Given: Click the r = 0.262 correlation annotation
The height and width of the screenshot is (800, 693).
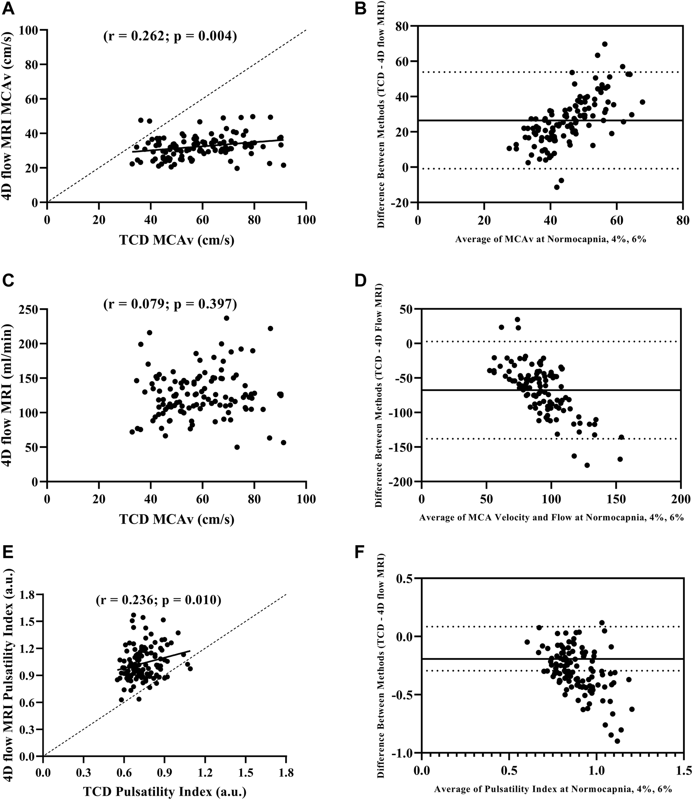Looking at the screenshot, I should [170, 37].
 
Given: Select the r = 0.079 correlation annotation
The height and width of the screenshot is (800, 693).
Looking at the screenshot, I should [170, 305].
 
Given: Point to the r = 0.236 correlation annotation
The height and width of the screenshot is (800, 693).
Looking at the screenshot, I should [158, 600].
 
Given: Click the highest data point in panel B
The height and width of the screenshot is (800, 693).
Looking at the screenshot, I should [605, 44].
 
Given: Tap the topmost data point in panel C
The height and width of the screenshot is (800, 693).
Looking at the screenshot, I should [227, 318].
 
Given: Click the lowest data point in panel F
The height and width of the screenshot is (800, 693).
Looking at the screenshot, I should [617, 741].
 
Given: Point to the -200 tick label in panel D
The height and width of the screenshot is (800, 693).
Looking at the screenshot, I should [401, 481].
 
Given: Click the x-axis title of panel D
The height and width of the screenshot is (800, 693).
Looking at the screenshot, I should [551, 517].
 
